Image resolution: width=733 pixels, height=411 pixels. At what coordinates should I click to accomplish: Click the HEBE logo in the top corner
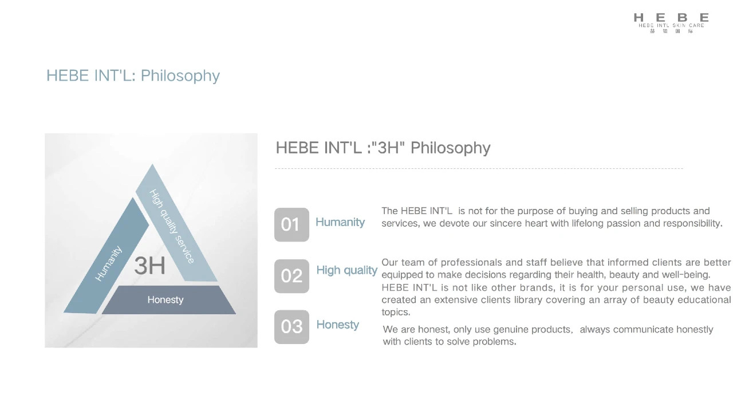[x=671, y=22]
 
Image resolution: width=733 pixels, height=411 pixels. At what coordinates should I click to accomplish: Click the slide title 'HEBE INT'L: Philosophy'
[x=133, y=76]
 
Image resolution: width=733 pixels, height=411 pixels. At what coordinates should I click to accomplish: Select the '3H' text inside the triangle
[x=149, y=266]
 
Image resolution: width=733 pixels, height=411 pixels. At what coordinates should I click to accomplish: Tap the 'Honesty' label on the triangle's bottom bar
[x=165, y=300]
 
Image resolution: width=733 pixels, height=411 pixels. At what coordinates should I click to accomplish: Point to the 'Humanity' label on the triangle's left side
[x=108, y=263]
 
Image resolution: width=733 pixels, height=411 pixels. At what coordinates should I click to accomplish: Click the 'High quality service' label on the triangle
[x=172, y=226]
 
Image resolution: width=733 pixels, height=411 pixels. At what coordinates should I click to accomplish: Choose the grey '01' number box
[x=291, y=224]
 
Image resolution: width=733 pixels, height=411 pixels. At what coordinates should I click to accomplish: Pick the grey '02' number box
[x=291, y=276]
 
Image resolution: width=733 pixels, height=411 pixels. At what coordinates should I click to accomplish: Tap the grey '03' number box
[x=291, y=327]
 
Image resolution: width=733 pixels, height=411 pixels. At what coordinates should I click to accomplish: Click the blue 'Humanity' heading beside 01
[x=340, y=222]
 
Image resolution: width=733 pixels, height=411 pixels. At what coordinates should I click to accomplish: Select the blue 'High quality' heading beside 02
[x=346, y=270]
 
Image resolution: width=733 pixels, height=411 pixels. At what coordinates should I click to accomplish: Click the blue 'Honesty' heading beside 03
[x=337, y=325]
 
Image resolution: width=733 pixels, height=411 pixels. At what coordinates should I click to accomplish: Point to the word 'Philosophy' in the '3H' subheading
[x=450, y=148]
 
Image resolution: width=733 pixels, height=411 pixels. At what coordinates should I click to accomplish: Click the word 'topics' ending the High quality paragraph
[x=395, y=313]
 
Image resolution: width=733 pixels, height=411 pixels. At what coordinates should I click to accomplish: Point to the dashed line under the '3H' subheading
[x=479, y=169]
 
